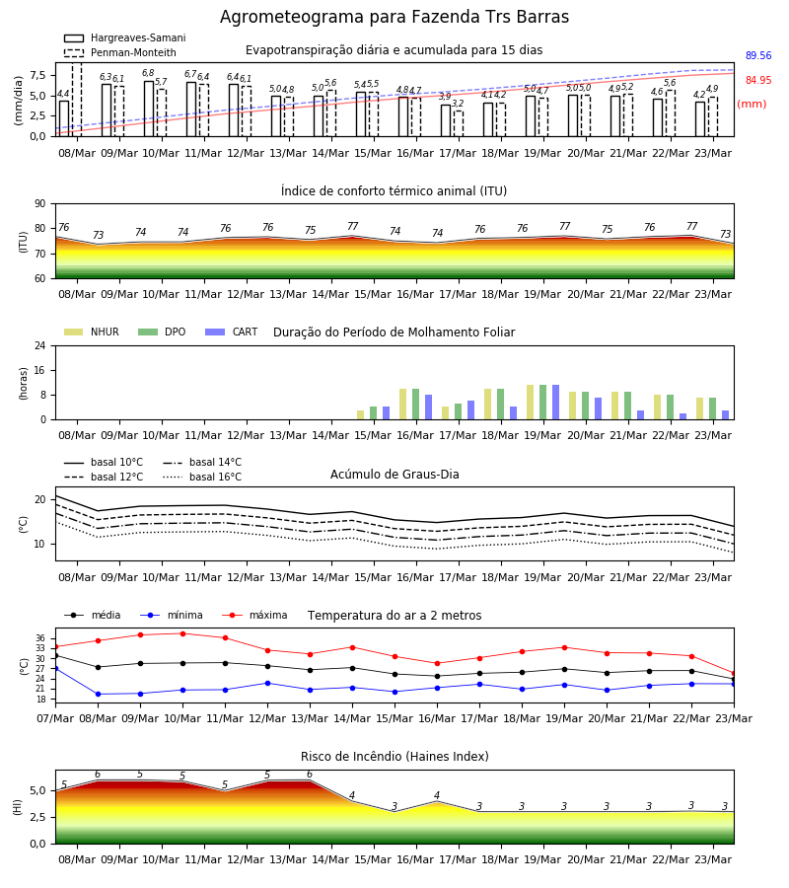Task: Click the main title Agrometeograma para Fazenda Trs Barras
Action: tap(394, 17)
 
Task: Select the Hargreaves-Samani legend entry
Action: tap(124, 37)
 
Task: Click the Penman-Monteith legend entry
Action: tap(120, 52)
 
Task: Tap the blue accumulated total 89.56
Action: tap(758, 55)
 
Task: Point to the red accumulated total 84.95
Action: tap(758, 81)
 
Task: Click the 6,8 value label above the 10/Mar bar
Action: tap(148, 73)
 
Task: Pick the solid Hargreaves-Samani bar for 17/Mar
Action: tap(446, 120)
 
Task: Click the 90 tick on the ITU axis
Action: tap(40, 204)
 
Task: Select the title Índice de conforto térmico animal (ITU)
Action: tap(394, 190)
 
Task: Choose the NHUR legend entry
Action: tap(92, 332)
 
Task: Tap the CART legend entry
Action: tap(232, 332)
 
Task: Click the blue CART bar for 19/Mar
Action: tap(556, 403)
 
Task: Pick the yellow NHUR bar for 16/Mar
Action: tap(403, 405)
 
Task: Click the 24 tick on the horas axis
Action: tap(40, 346)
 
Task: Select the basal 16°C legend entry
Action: tap(202, 477)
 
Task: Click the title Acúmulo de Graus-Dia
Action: tap(394, 475)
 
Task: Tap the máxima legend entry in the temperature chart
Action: tap(255, 615)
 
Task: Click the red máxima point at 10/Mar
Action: tap(182, 633)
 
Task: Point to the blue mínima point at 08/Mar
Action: tap(98, 695)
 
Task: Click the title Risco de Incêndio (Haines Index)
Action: tap(394, 757)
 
